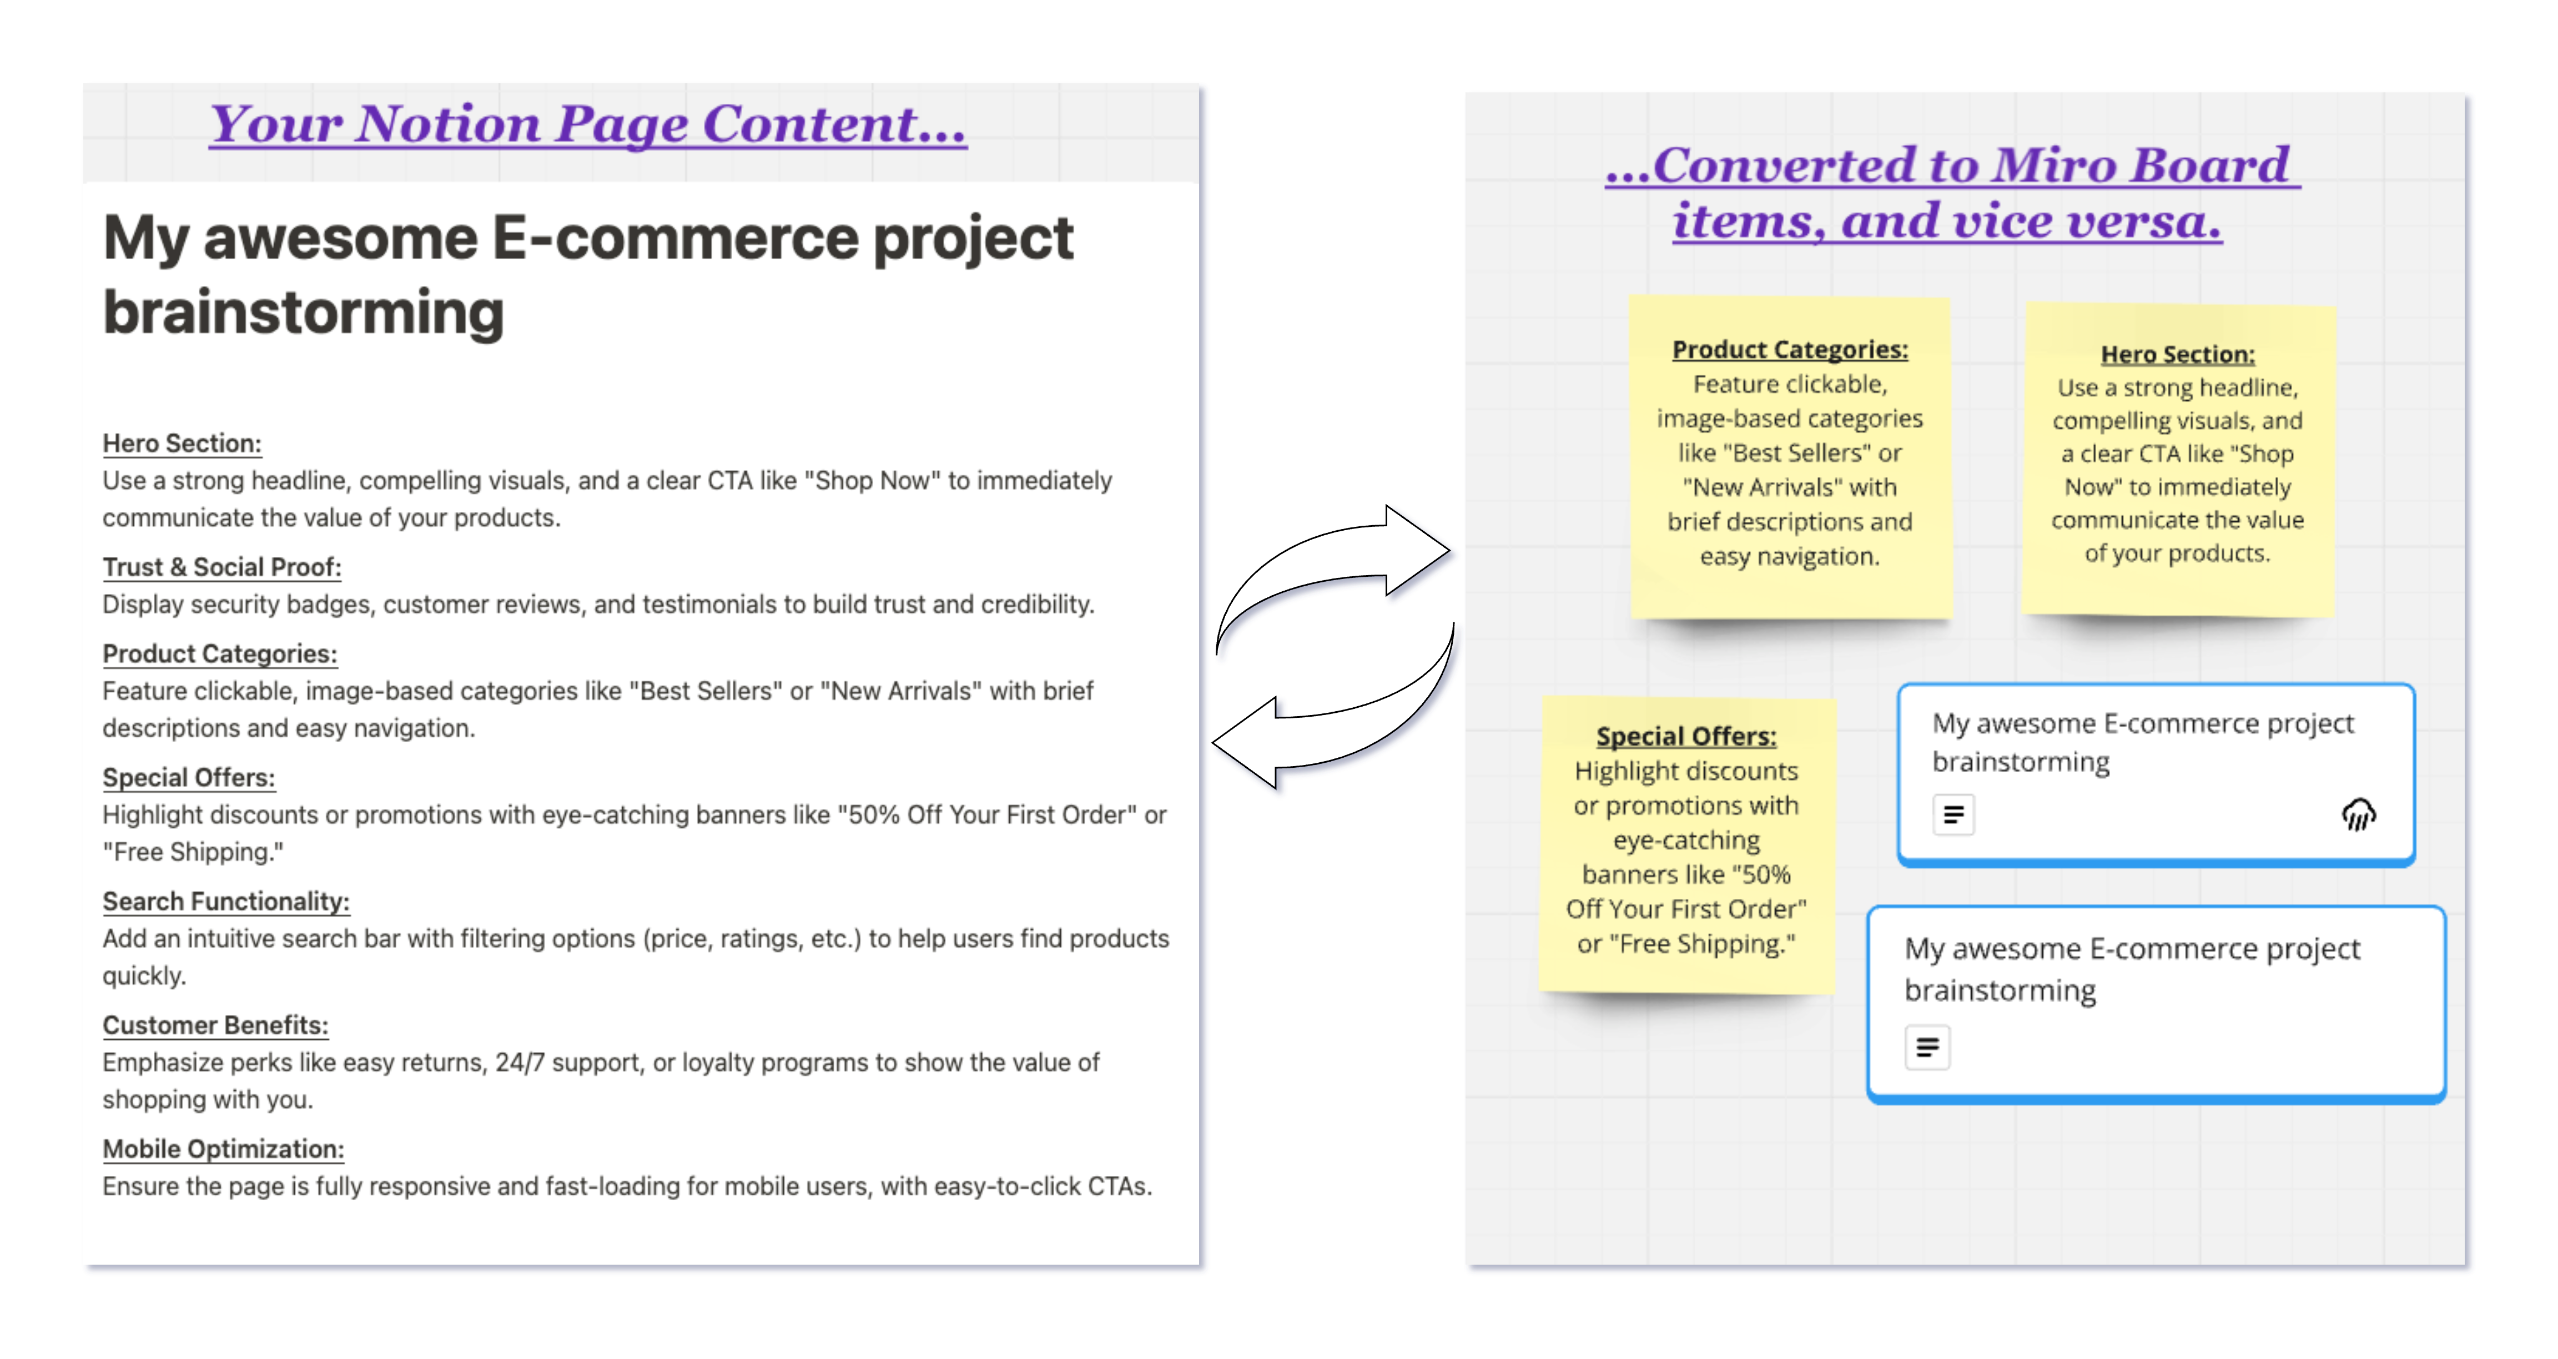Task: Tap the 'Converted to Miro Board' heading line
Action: pyautogui.click(x=1952, y=165)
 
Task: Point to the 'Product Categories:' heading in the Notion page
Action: pyautogui.click(x=219, y=653)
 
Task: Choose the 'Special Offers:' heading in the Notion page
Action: pyautogui.click(x=189, y=778)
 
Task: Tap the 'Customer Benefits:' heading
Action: pyautogui.click(x=215, y=1025)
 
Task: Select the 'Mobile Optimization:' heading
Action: pyautogui.click(x=223, y=1149)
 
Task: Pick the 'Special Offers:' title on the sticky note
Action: pyautogui.click(x=1686, y=736)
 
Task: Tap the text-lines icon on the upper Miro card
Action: pyautogui.click(x=1953, y=814)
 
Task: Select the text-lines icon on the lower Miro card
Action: pyautogui.click(x=1927, y=1047)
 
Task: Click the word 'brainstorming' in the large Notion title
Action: pyautogui.click(x=303, y=312)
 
